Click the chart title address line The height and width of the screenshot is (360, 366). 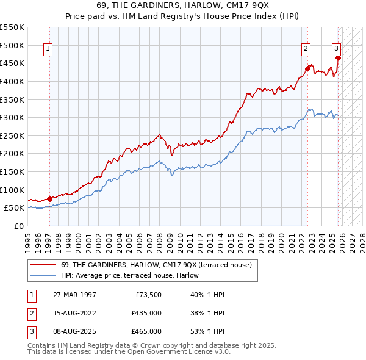(x=183, y=5)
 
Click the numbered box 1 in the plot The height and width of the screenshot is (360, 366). (x=48, y=50)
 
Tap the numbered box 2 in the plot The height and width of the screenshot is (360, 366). (x=306, y=50)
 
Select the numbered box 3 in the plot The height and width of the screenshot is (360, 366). (x=336, y=50)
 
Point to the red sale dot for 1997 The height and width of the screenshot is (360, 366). (x=49, y=199)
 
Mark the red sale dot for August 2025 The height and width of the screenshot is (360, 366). (x=338, y=59)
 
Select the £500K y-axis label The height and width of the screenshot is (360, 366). (x=13, y=45)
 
